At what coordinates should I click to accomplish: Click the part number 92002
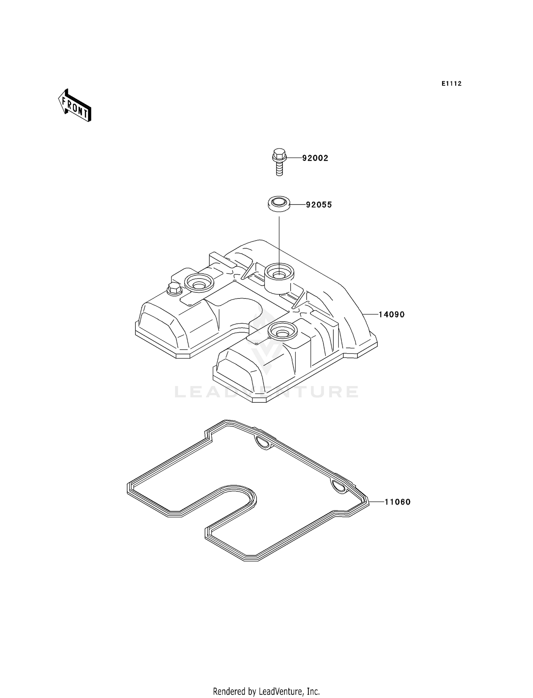315,158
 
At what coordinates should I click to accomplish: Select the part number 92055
319,205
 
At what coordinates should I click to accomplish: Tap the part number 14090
392,314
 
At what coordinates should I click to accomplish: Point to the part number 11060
397,502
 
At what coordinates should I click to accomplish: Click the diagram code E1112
452,84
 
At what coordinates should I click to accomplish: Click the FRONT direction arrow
75,106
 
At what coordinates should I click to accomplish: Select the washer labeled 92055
279,205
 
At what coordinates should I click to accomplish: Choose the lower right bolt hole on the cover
282,332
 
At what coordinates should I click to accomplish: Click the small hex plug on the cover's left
174,289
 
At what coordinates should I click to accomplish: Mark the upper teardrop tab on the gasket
263,442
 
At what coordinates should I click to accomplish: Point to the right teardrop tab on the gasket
339,486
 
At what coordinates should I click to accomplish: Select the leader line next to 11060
376,502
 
